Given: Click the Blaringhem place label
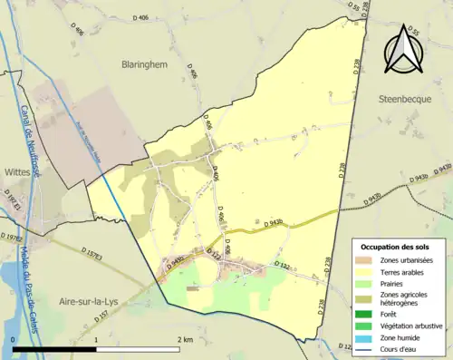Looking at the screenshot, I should coord(148,64).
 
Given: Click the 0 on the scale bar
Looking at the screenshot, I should coord(13,339).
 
